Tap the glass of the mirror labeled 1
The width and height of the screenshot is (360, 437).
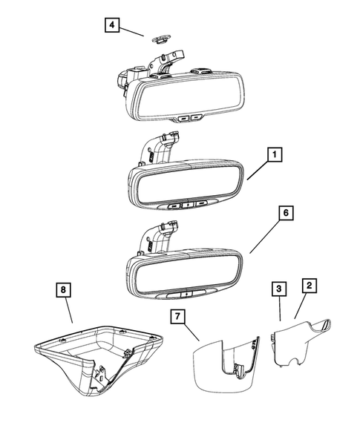point(186,185)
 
